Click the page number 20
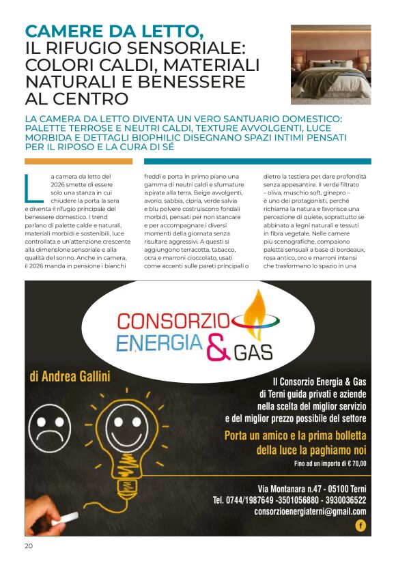pyautogui.click(x=28, y=545)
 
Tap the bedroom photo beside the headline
pyautogui.click(x=330, y=64)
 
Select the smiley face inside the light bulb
pyautogui.click(x=127, y=429)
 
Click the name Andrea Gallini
pyautogui.click(x=70, y=377)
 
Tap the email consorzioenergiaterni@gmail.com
pyautogui.click(x=310, y=511)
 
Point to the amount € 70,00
pyautogui.click(x=352, y=464)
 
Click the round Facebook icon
pyautogui.click(x=360, y=526)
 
